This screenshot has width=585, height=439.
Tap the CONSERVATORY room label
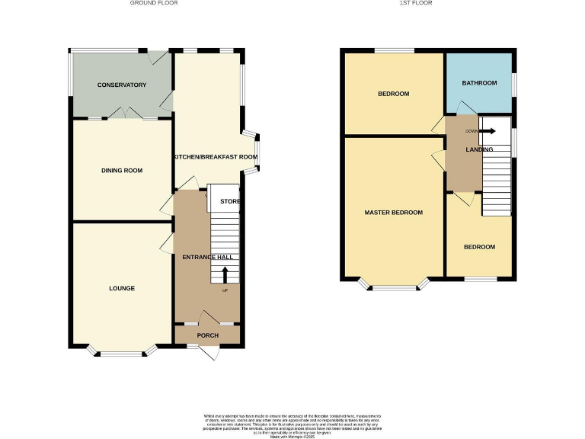121,85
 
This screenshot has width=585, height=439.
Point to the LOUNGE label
122,288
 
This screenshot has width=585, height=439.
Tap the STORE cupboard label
230,202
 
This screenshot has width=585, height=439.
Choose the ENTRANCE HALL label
207,258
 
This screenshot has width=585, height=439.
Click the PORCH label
208,335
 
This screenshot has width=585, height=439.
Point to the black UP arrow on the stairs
225,274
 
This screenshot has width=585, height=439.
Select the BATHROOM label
480,83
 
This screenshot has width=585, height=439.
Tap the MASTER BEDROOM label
393,212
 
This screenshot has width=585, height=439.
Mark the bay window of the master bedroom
394,287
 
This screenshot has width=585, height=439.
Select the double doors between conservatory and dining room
122,114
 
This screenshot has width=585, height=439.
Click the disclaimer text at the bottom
292,423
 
